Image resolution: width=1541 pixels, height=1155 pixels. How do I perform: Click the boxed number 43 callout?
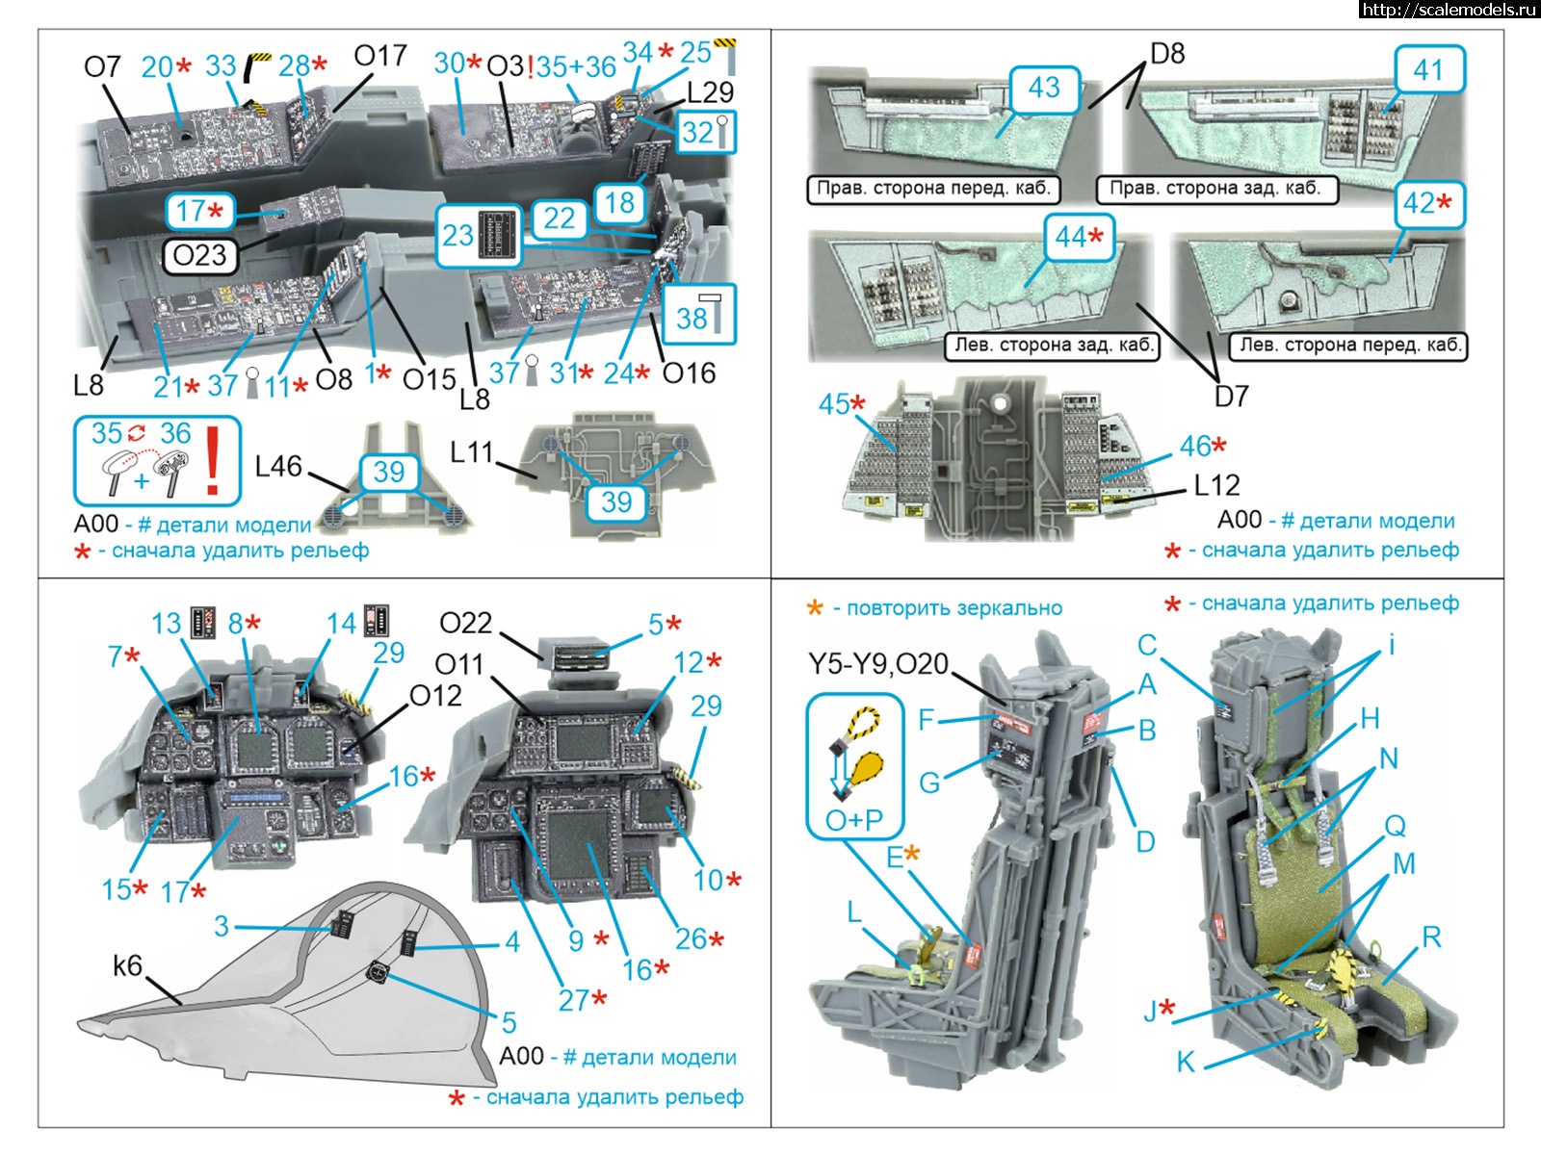(1044, 89)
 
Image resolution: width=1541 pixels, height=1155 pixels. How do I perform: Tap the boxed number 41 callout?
(1429, 69)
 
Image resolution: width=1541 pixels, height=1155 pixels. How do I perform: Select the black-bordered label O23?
(199, 256)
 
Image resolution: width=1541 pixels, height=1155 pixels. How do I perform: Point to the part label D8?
(1167, 53)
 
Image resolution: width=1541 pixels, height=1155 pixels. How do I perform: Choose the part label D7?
(1231, 396)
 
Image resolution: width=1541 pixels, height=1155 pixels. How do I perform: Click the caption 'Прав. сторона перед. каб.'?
(932, 189)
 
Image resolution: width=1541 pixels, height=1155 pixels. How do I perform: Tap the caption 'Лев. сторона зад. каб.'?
(1054, 345)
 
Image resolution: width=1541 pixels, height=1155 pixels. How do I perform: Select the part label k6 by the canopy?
(127, 964)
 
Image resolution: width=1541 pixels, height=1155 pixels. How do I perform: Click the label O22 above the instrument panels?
(465, 624)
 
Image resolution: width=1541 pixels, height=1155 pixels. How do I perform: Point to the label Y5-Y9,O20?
(877, 664)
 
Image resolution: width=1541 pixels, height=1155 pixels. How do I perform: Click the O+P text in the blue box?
(853, 820)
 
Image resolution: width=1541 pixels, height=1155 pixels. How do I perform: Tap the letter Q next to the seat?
(1395, 825)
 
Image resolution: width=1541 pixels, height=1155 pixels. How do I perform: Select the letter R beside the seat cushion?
(1431, 937)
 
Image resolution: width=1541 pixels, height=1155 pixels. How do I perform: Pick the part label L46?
(278, 467)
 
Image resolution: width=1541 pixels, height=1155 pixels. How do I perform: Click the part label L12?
(1216, 485)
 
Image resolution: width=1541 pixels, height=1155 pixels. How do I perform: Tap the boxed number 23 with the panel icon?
(458, 236)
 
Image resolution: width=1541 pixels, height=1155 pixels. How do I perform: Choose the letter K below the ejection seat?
(1186, 1062)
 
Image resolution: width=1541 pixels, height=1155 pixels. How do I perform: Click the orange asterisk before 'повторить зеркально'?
(815, 608)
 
